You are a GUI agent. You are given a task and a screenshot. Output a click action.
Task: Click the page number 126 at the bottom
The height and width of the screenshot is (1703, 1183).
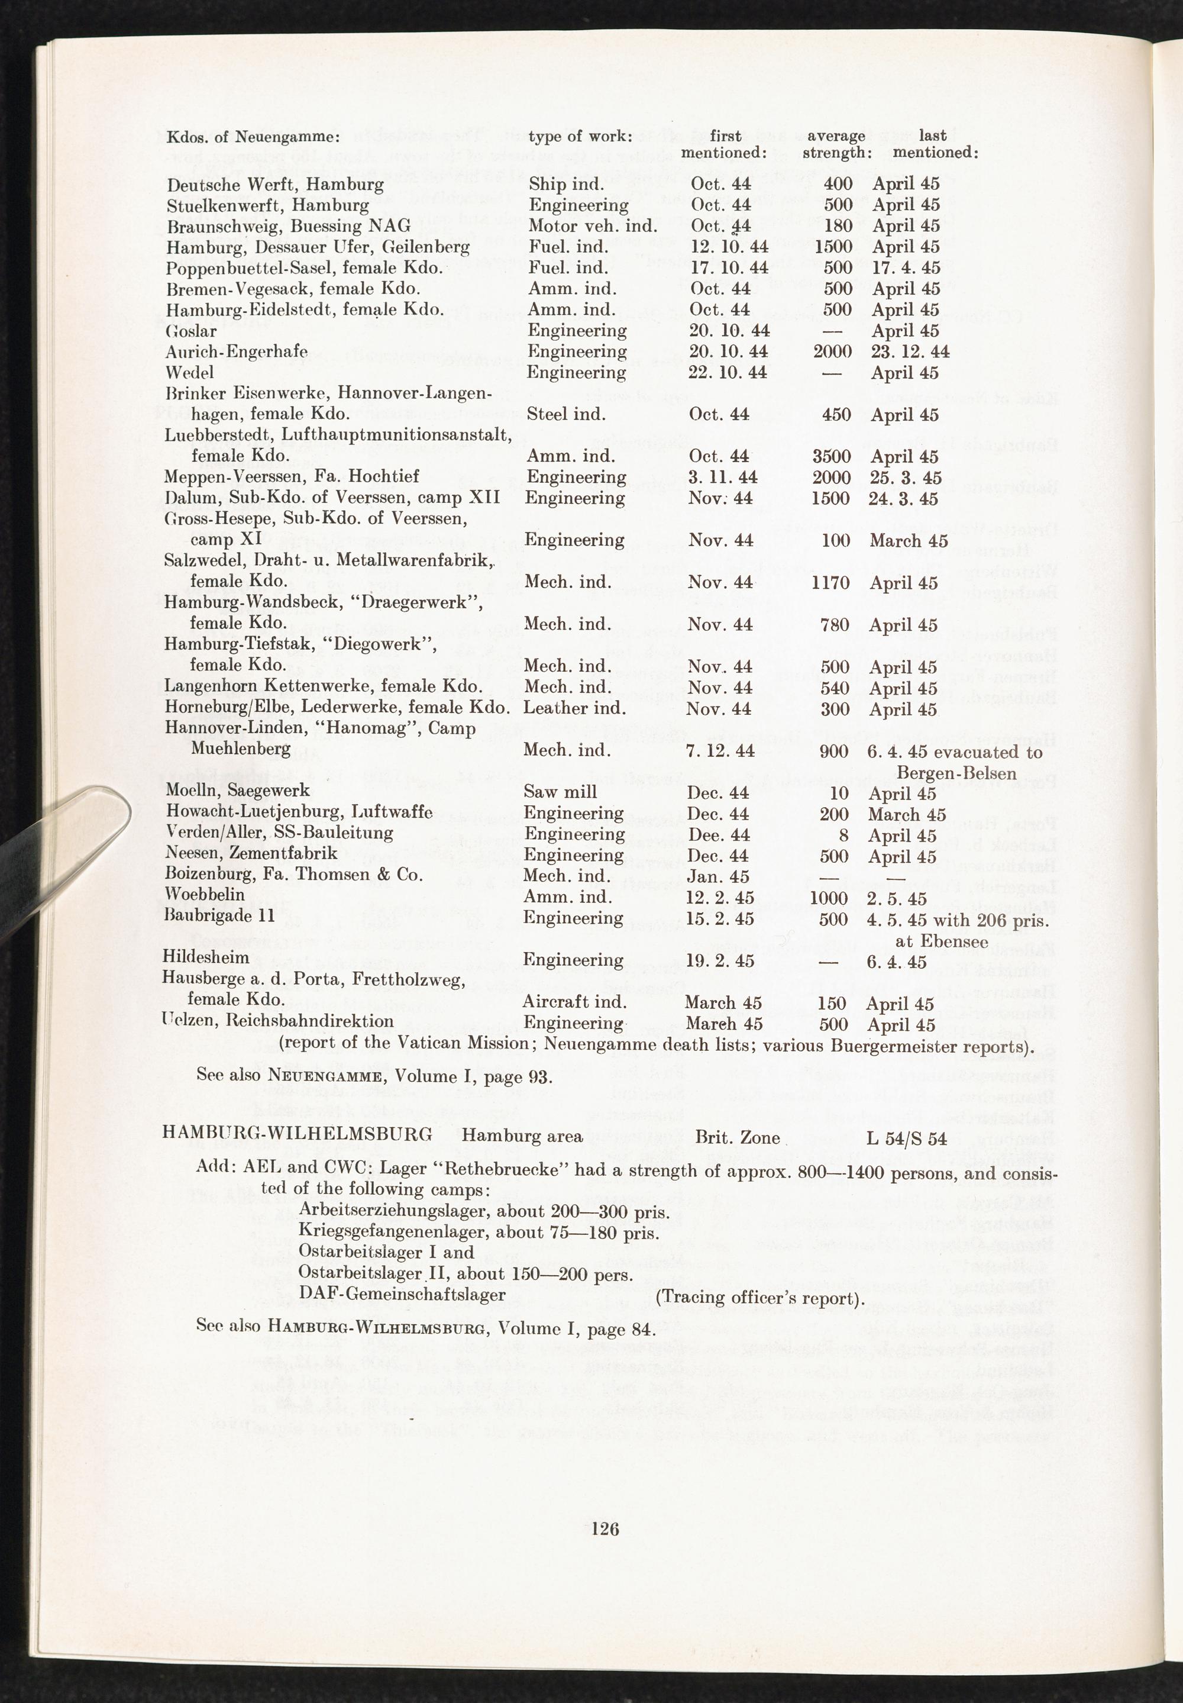click(605, 1527)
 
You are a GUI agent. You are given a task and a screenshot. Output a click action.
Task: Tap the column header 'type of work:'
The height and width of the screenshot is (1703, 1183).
click(580, 137)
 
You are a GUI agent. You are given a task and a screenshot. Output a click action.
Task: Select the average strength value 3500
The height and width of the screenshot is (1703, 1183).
click(832, 456)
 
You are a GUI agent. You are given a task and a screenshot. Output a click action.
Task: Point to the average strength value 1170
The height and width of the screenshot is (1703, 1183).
click(831, 582)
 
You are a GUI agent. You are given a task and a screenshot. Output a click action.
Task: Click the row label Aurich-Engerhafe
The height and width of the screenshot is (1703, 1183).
click(237, 351)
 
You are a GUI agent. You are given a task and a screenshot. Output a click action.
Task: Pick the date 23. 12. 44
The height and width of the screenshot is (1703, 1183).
click(910, 351)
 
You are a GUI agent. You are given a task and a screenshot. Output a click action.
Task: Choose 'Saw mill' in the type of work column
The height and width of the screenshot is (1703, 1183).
click(560, 792)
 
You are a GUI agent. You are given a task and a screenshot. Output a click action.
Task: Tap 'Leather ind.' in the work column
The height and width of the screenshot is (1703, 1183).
click(574, 708)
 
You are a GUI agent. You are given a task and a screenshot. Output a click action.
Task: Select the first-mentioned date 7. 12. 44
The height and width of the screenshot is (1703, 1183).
click(720, 751)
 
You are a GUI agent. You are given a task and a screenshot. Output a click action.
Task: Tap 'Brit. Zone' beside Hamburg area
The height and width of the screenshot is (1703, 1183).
click(738, 1137)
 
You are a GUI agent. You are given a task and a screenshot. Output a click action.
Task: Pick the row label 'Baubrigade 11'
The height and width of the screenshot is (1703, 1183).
click(219, 915)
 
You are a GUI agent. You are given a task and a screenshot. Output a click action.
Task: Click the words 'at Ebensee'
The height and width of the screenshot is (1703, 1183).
click(941, 941)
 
